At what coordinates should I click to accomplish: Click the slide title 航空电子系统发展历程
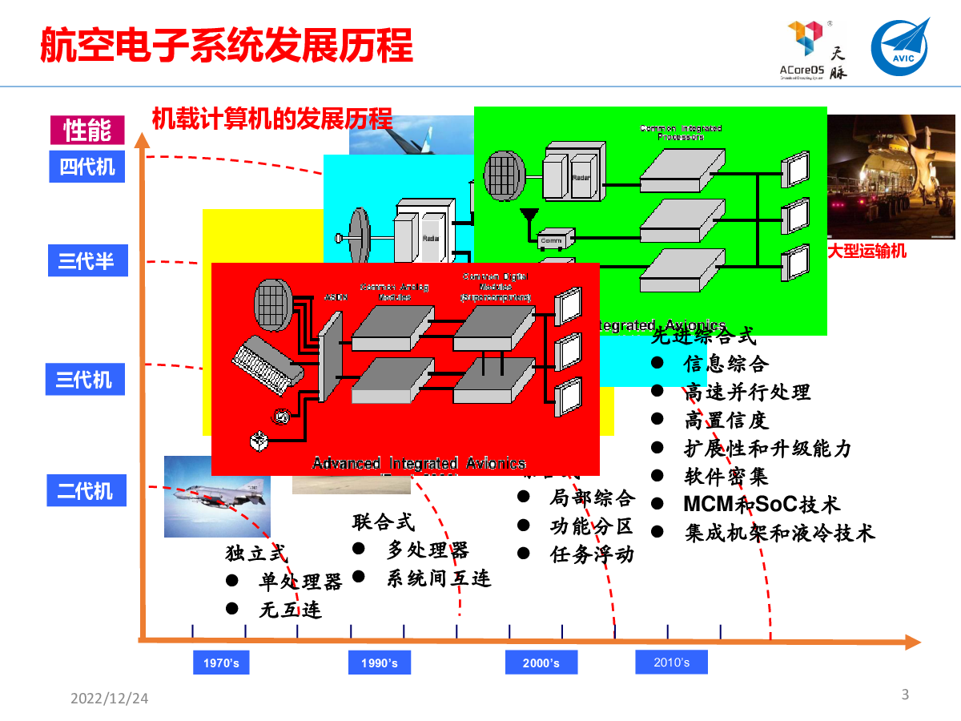click(x=227, y=46)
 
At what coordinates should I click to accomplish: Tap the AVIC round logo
click(x=902, y=47)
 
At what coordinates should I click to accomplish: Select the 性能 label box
click(x=87, y=130)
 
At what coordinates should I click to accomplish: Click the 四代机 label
click(x=87, y=167)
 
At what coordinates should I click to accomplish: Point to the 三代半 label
click(x=86, y=261)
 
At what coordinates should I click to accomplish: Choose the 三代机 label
click(x=85, y=379)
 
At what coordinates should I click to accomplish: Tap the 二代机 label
click(x=85, y=489)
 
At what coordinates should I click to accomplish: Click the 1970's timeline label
click(x=221, y=663)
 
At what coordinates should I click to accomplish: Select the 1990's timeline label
click(x=379, y=663)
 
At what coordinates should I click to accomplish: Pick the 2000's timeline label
click(x=541, y=663)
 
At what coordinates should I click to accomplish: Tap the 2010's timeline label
click(x=671, y=662)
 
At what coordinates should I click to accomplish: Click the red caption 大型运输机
click(x=867, y=251)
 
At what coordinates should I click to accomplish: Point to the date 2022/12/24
click(x=110, y=699)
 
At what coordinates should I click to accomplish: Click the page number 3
click(x=906, y=695)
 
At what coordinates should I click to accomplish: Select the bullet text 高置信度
click(x=726, y=420)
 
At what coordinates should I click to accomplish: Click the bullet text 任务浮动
click(x=592, y=554)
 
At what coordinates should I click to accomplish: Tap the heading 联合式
click(x=384, y=522)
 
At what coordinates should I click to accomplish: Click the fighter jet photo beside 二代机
click(x=217, y=497)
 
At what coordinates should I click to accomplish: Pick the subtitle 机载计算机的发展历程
click(x=272, y=119)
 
